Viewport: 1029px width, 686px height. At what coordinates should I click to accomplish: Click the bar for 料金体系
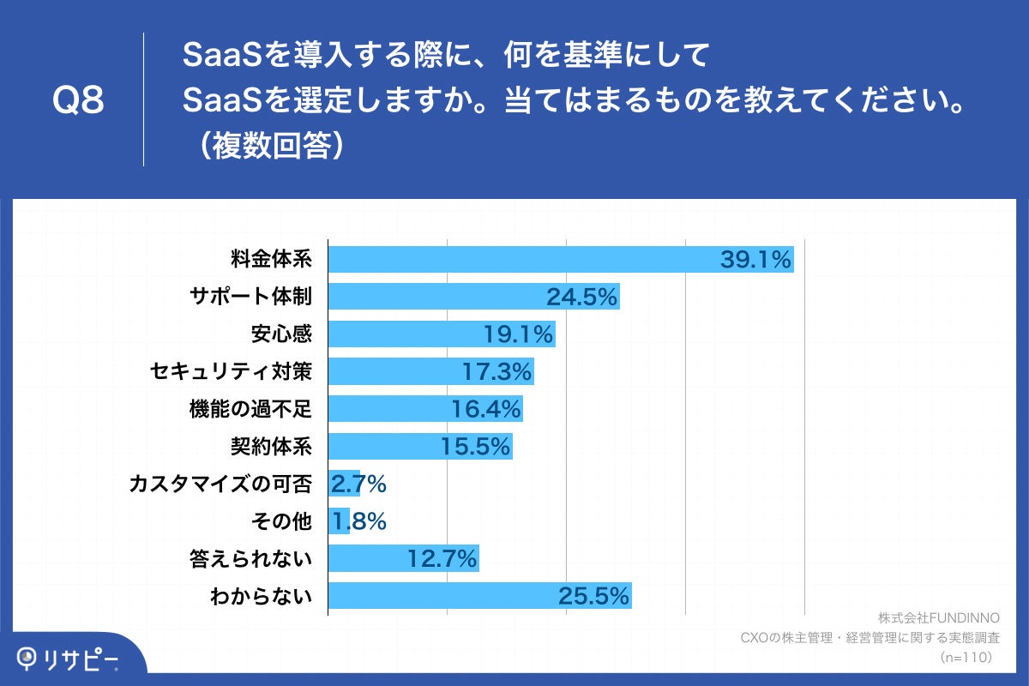(x=561, y=259)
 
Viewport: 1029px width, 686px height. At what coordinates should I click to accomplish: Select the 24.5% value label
(x=582, y=297)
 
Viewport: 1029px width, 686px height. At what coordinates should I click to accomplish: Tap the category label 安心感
(x=282, y=334)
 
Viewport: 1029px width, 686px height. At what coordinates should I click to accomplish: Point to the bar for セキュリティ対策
(x=430, y=371)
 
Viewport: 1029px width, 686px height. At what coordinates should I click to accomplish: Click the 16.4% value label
(x=486, y=409)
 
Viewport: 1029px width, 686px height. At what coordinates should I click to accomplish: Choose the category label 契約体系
(x=271, y=446)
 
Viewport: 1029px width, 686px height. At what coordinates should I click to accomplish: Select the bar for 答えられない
(x=403, y=559)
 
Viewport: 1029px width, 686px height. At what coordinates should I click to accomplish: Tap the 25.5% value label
(x=594, y=595)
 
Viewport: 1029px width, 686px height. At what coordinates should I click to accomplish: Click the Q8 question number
(x=78, y=100)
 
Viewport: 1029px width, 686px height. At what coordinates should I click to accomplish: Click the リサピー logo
(x=69, y=659)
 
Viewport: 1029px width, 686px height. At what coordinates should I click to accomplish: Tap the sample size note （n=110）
(x=966, y=657)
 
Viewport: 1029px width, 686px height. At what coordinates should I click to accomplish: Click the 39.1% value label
(x=755, y=259)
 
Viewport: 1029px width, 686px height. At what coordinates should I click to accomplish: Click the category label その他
(x=282, y=521)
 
